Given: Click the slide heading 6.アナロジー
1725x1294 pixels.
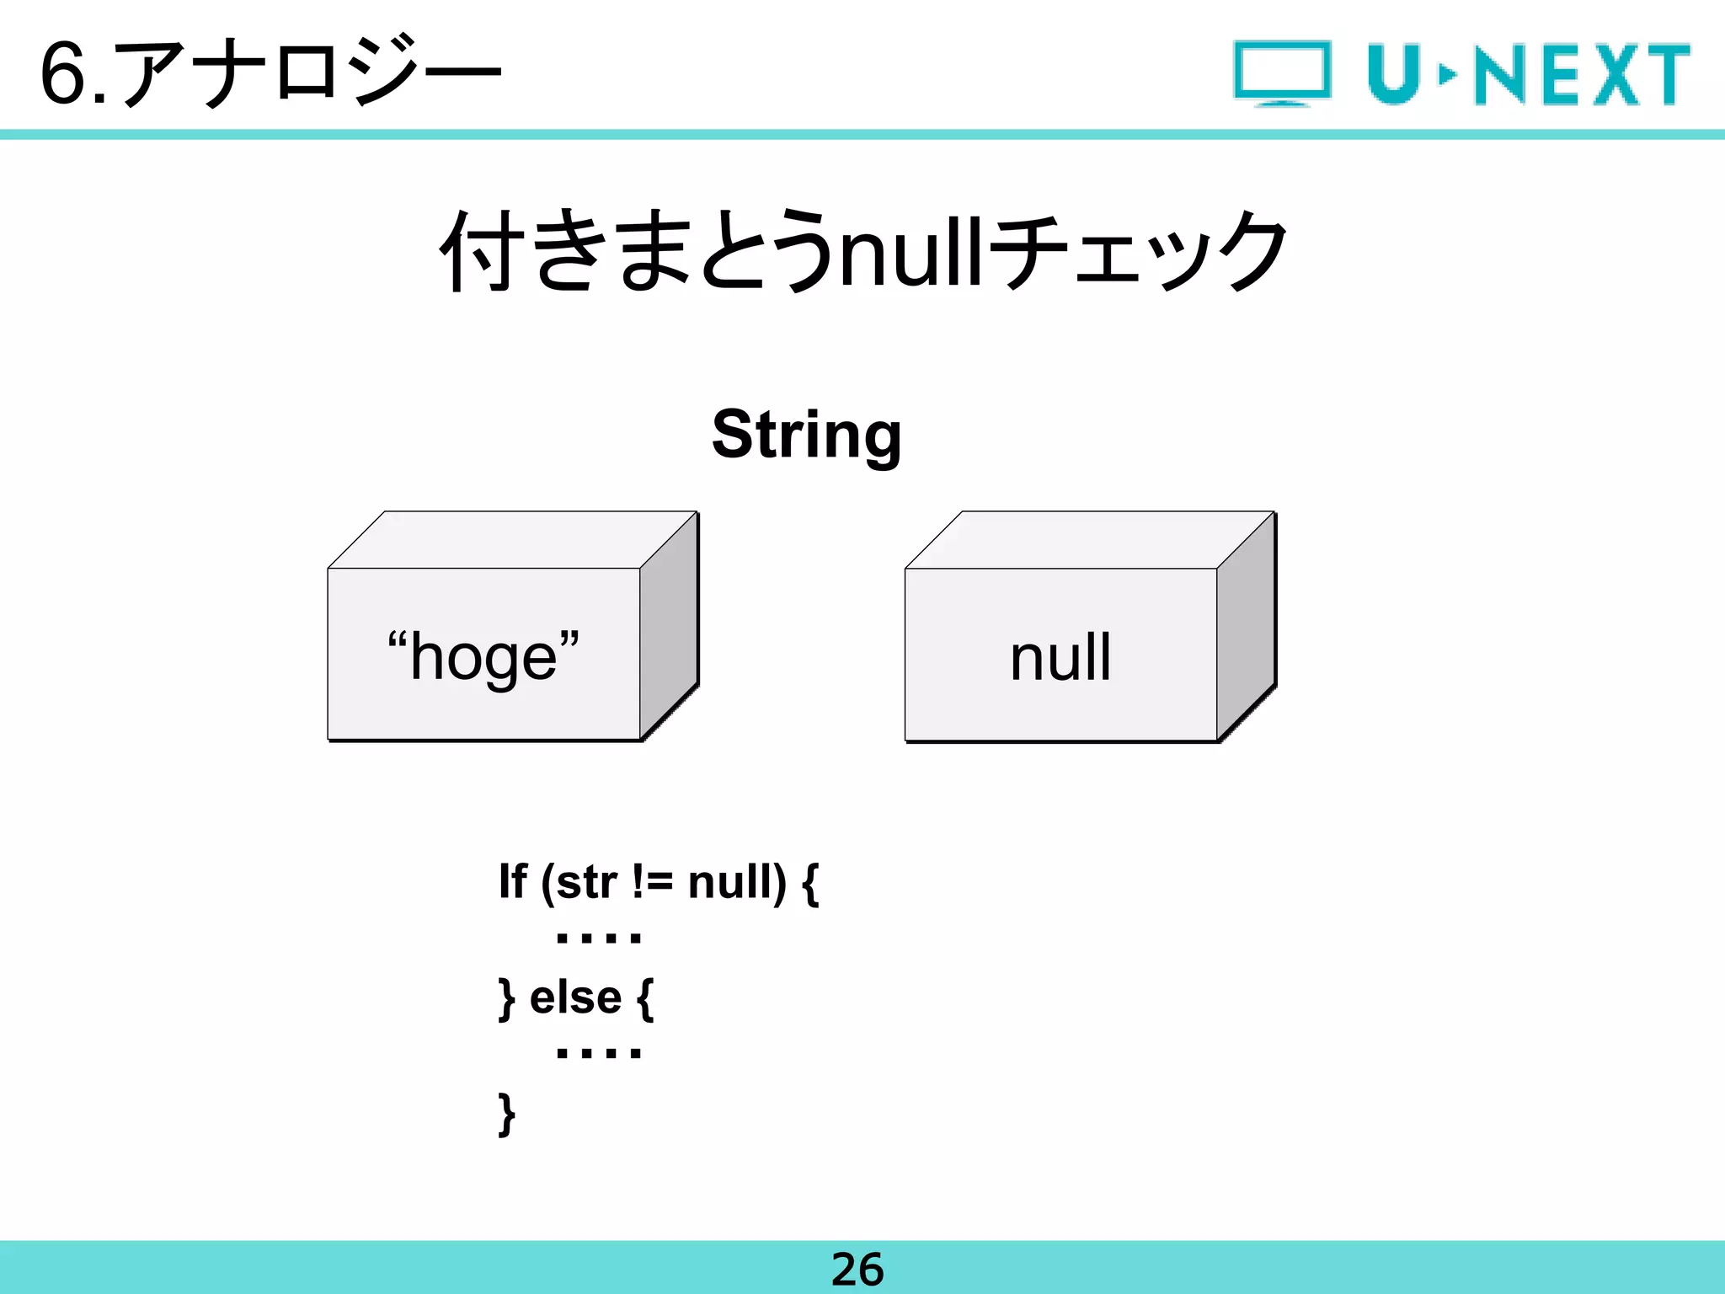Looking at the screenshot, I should click(x=270, y=74).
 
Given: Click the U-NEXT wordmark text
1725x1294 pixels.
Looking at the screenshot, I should click(x=1528, y=74).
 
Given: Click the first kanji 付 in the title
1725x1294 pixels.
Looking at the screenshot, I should click(x=478, y=251).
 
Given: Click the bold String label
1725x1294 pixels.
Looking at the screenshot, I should click(x=806, y=435).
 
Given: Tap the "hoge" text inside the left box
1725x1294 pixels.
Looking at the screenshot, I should click(x=483, y=657).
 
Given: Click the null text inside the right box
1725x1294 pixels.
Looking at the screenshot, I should click(x=1060, y=657).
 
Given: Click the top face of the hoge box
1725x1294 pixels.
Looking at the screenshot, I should click(x=511, y=539).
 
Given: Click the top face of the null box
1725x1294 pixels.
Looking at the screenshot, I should click(x=1088, y=539).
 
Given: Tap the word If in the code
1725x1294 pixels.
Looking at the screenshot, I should click(x=512, y=882).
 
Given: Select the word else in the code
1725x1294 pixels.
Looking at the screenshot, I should click(x=575, y=998).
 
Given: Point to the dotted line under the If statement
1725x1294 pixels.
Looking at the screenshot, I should click(x=599, y=938).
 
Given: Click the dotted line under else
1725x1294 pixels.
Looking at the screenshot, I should click(x=599, y=1053).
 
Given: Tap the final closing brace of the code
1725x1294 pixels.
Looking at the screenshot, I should click(x=506, y=1114).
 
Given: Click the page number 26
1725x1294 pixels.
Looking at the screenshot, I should click(x=857, y=1270).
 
